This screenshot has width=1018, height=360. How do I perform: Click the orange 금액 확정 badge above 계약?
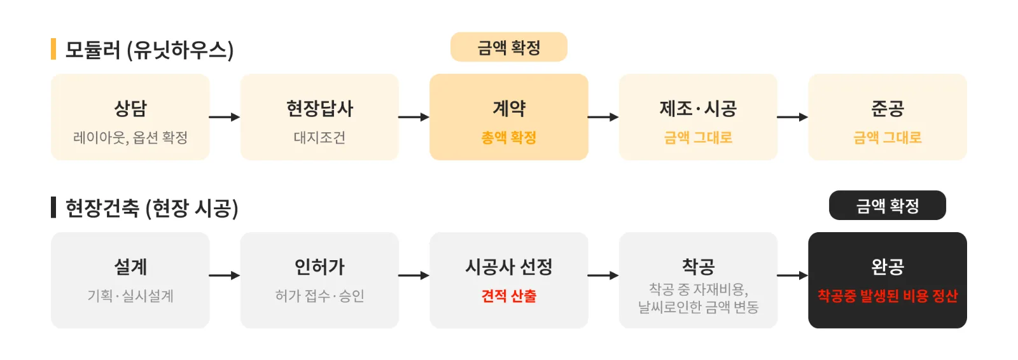(508, 47)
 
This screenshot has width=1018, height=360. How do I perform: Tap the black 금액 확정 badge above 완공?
(887, 205)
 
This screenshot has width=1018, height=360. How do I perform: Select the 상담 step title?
(130, 108)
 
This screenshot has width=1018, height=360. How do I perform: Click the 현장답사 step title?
(319, 108)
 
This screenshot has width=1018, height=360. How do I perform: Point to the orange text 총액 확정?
(508, 137)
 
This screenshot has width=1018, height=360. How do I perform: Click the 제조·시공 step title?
(698, 108)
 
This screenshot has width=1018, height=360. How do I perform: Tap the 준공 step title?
(887, 108)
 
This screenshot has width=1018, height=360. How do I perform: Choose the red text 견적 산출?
(508, 296)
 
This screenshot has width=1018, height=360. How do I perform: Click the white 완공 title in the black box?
(887, 267)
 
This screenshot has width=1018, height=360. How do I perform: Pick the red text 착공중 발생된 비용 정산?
(887, 296)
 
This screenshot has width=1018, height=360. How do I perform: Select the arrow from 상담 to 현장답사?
(225, 117)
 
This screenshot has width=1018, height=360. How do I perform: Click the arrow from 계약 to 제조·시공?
(603, 117)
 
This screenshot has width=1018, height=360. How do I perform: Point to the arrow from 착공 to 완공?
(793, 275)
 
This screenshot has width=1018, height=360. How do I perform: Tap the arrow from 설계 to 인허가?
(225, 275)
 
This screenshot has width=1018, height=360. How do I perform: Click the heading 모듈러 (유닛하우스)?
(149, 50)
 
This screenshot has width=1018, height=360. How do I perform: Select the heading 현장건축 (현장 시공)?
(151, 208)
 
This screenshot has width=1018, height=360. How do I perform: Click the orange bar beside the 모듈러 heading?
(53, 48)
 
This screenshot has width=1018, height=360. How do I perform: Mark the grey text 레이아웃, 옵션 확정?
(130, 137)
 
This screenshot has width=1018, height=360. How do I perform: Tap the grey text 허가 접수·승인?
(319, 296)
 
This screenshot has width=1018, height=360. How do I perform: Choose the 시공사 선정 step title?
(508, 267)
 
